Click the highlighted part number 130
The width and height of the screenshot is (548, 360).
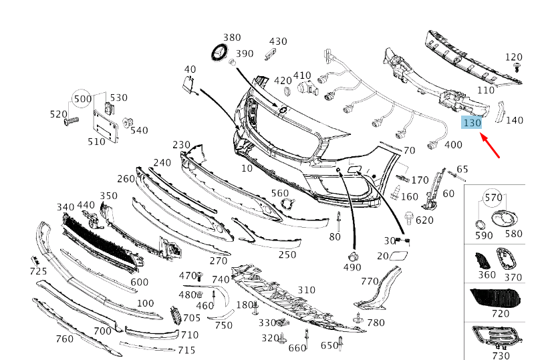(472, 122)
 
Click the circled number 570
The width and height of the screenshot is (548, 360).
(493, 198)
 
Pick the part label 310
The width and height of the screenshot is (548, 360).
(306, 290)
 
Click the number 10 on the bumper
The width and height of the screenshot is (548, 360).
(247, 168)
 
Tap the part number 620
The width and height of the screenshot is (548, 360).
(424, 220)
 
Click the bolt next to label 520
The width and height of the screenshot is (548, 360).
(71, 122)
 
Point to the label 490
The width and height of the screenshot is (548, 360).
(352, 267)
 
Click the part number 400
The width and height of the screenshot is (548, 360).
(452, 144)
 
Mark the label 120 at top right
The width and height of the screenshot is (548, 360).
(513, 57)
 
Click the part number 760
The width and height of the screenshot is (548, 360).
(64, 339)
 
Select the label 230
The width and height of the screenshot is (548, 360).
(181, 144)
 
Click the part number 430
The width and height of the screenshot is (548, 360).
(277, 41)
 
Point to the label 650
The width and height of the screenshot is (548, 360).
(329, 345)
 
